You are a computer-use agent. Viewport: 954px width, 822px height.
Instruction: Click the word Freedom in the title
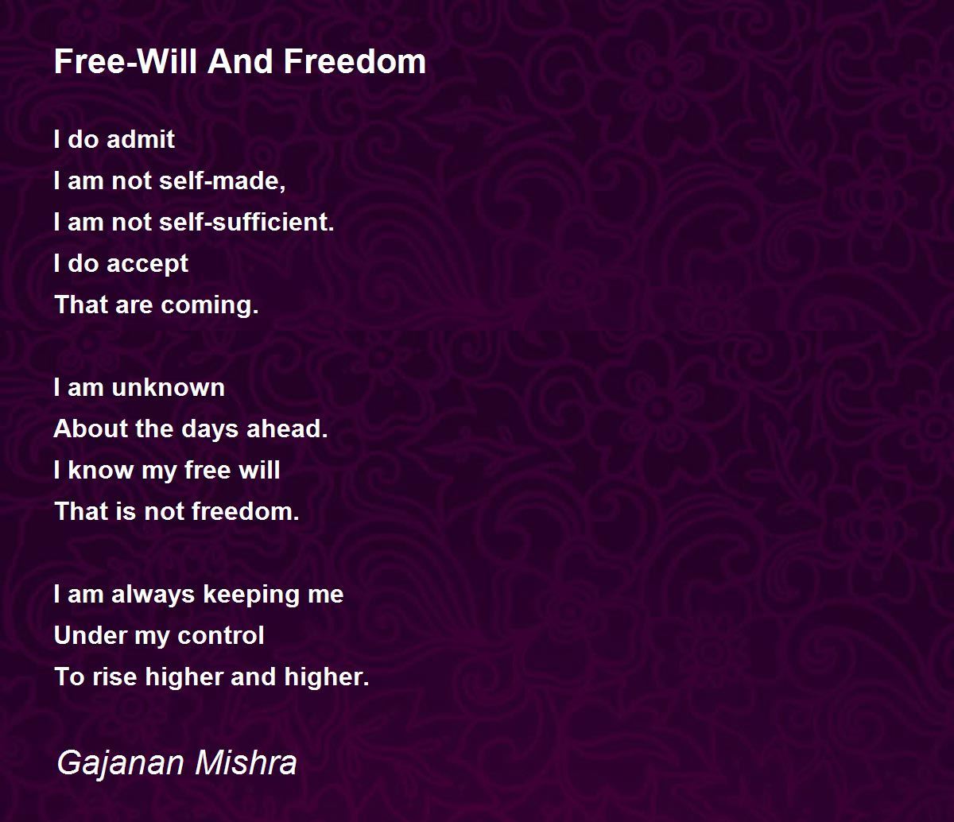tap(355, 61)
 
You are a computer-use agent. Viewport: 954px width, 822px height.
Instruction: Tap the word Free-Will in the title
tap(126, 61)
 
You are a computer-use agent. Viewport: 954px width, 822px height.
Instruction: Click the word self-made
tap(223, 180)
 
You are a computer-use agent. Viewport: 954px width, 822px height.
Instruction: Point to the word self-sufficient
tap(246, 222)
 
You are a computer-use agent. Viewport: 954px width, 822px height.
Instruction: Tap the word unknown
tap(168, 387)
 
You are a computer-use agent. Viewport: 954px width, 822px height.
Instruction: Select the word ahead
tap(287, 428)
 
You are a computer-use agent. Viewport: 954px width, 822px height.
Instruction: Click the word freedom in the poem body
tap(246, 511)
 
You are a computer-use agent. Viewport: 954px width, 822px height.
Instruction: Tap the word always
tap(153, 595)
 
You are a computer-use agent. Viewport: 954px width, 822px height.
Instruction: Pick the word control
tap(221, 635)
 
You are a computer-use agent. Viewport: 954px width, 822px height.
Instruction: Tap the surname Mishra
tap(246, 762)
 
